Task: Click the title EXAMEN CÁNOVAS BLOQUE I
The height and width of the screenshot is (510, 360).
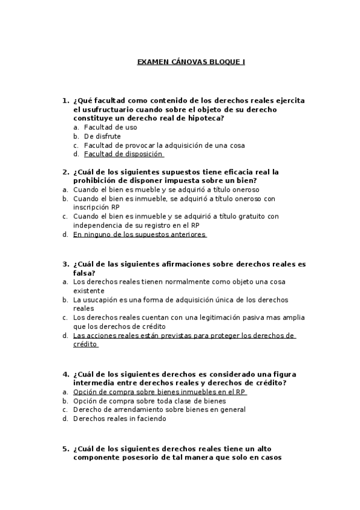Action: (191, 62)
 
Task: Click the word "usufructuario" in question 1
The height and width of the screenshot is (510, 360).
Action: (108, 109)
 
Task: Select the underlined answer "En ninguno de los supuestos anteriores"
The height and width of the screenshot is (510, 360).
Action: (139, 235)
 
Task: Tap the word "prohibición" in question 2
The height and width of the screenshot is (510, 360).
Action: (96, 180)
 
